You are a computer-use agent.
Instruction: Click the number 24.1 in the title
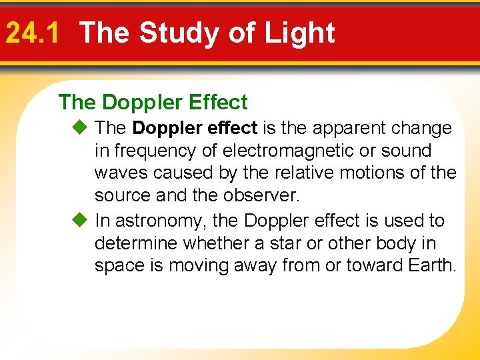pos(32,33)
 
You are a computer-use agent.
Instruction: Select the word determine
pos(137,243)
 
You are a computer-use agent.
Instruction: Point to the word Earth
pos(431,266)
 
